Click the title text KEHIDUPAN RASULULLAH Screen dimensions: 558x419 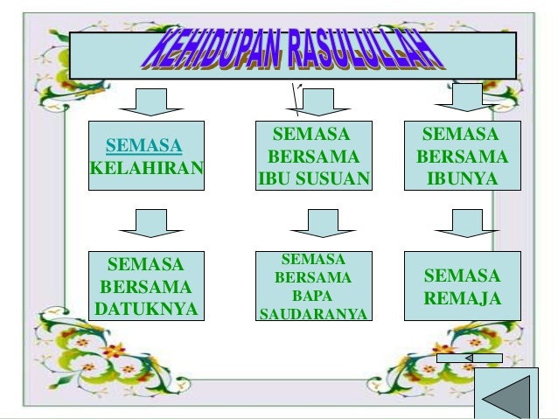292,55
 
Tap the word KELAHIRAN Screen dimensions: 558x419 147,167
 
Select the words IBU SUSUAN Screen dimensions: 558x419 314,179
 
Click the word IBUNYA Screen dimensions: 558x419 462,179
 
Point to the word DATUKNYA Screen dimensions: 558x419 147,309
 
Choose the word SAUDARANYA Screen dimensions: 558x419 313,314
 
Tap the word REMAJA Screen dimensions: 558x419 462,299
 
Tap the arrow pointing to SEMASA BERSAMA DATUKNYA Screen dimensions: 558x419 149,222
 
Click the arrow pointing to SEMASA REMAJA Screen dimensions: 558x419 467,222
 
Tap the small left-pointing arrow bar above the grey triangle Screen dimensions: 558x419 470,358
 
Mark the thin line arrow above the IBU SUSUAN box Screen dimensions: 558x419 298,99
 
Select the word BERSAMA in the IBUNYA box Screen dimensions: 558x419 462,157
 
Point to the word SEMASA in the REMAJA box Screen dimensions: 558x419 462,276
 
